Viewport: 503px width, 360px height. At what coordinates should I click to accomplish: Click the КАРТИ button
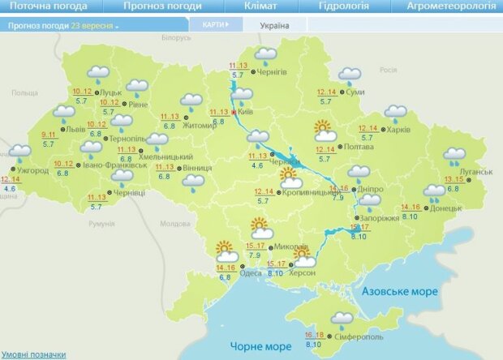pyautogui.click(x=214, y=24)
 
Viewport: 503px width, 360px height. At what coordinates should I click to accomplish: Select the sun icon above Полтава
pyautogui.click(x=325, y=128)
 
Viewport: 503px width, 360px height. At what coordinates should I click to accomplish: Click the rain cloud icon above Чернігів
pyautogui.click(x=264, y=56)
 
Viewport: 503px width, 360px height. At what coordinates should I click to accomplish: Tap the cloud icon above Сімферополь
pyautogui.click(x=342, y=318)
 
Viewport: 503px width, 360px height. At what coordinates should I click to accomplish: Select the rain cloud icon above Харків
pyautogui.click(x=395, y=114)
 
